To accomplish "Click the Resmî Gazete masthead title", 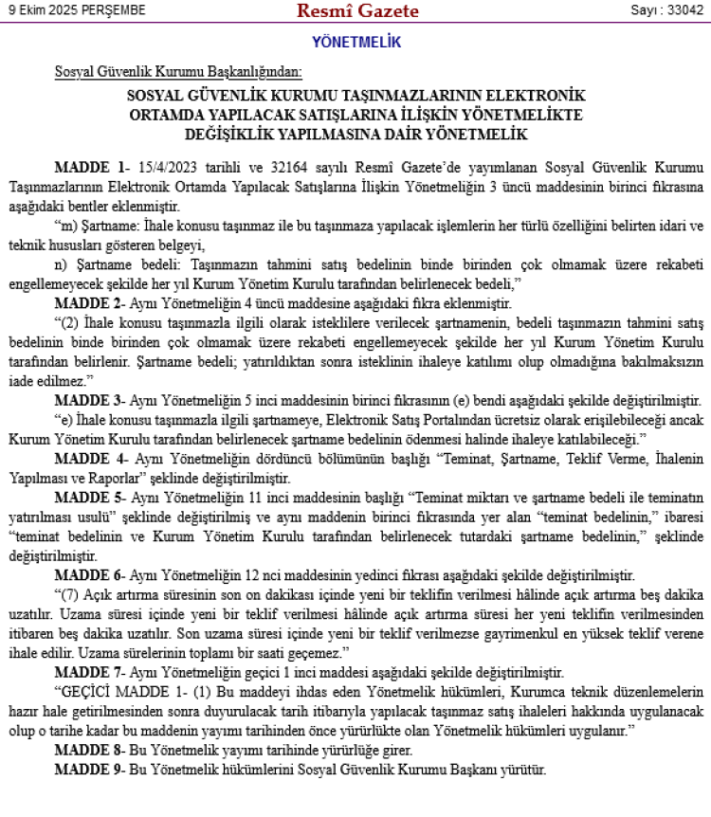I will [x=357, y=11].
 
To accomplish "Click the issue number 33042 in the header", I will [x=680, y=10].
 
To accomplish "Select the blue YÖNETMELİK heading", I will [x=356, y=43].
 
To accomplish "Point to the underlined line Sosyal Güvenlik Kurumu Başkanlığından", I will [x=178, y=72].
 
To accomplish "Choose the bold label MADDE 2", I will [x=88, y=303].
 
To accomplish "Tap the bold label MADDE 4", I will [x=88, y=460].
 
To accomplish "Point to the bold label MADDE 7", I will [x=88, y=673].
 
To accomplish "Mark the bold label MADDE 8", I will [x=88, y=751].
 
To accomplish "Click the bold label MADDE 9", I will [x=88, y=770].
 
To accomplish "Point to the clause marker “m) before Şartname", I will [x=65, y=226].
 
